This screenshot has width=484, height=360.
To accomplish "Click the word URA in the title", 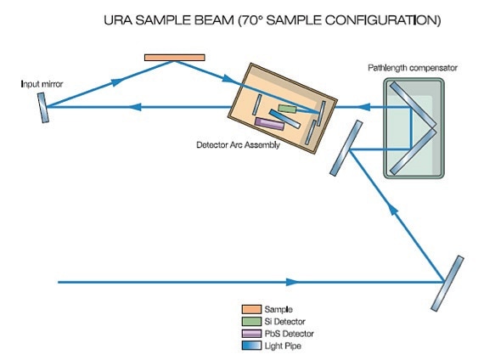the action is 117,20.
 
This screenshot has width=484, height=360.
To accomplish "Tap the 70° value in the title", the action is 251,20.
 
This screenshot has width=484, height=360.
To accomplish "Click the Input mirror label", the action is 42,84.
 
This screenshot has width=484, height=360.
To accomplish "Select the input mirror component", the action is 43,108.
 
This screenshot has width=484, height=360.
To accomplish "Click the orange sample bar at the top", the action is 175,58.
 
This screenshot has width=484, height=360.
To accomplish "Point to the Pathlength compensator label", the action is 413,68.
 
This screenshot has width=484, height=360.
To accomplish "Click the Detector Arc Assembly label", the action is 238,145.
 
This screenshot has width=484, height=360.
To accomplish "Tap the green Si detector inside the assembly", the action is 287,109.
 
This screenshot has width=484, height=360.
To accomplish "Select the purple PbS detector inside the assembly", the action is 269,123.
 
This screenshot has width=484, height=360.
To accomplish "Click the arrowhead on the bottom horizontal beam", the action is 292,282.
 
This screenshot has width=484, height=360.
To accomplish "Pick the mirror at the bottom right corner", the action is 447,284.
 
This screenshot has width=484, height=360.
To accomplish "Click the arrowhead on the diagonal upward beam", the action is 392,210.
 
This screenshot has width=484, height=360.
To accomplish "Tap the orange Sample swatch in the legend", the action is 251,309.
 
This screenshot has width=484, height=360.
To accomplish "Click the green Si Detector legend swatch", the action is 251,322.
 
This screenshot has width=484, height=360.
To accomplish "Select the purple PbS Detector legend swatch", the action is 251,334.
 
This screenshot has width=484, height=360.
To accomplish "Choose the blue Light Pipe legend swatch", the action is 251,346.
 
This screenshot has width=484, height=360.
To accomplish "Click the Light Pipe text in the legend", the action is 283,346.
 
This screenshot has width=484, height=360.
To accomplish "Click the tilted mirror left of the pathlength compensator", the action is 346,149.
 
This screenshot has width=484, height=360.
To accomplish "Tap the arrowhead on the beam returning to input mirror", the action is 134,107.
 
